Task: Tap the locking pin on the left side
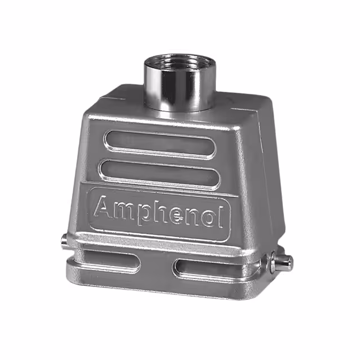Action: pyautogui.click(x=65, y=242)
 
